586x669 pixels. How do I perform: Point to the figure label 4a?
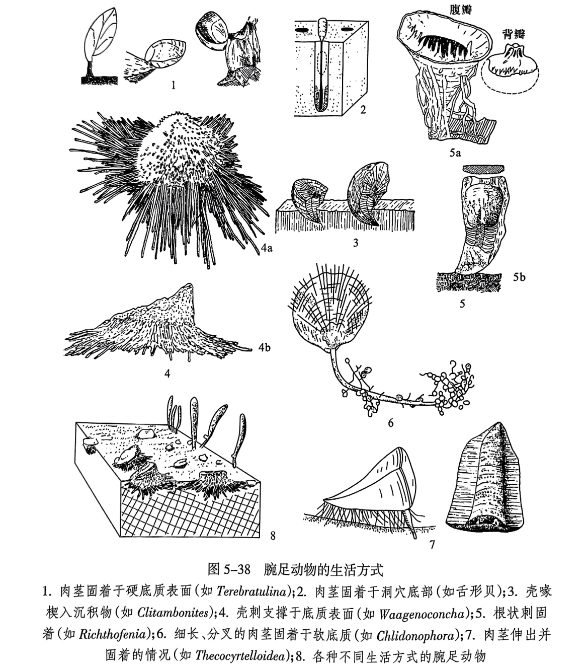[x=267, y=247]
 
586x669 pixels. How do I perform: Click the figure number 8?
[x=273, y=536]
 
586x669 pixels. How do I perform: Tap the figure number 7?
[x=431, y=544]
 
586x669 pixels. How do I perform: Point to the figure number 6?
[x=390, y=422]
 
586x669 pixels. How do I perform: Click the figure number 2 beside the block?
[x=362, y=109]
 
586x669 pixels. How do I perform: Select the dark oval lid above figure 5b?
[x=485, y=168]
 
